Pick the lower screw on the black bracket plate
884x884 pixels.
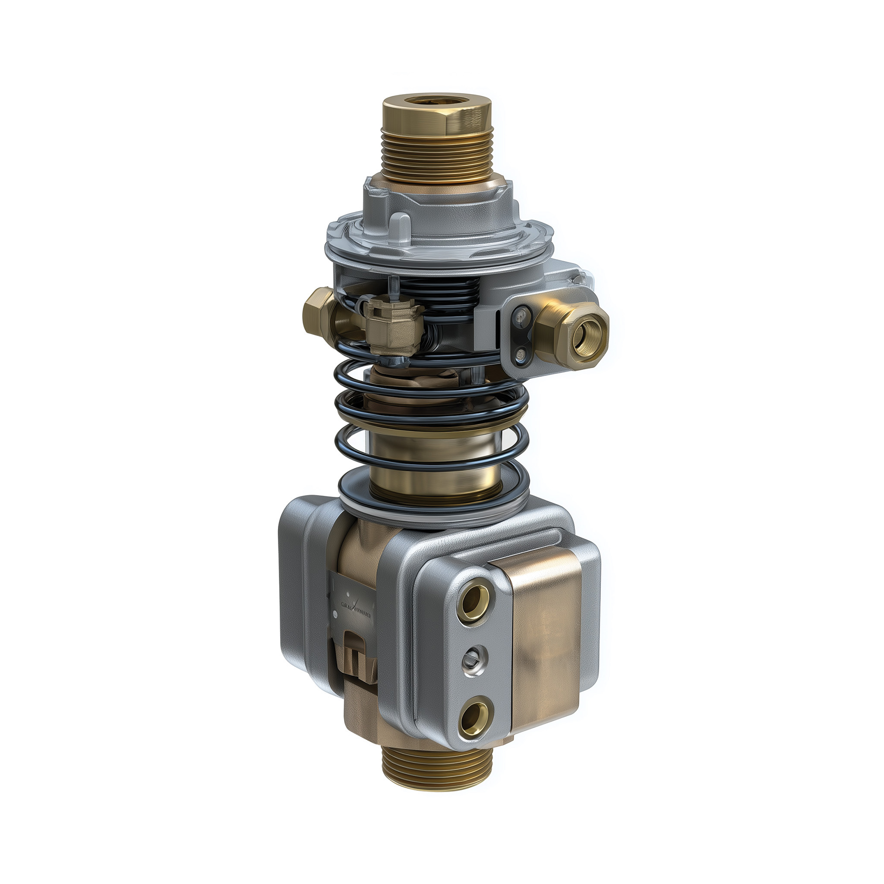[520, 353]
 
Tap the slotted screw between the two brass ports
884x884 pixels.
[473, 657]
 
